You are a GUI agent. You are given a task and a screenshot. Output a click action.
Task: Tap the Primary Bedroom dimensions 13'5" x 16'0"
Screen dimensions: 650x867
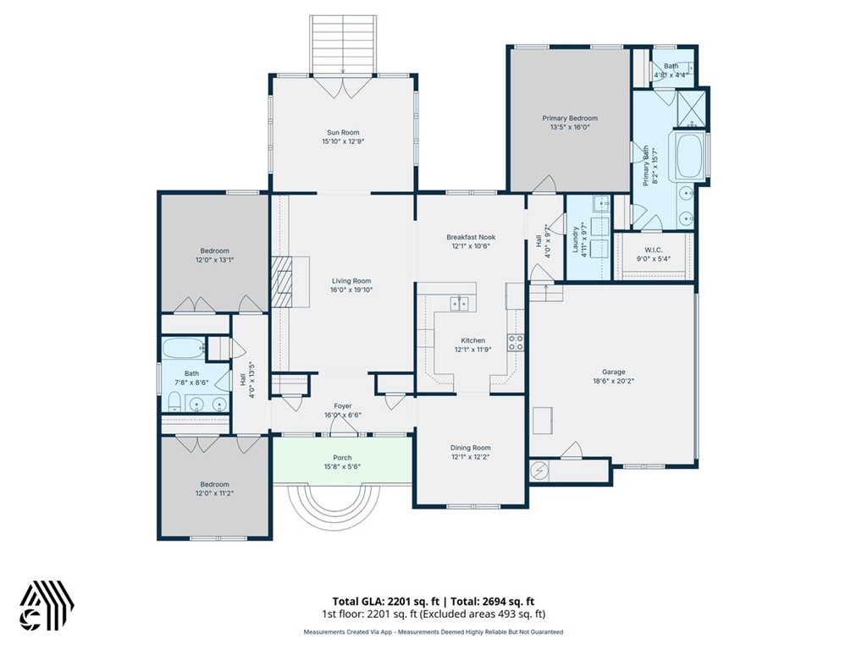coord(570,128)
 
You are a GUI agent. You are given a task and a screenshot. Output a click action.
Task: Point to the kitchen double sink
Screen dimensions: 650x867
coord(459,302)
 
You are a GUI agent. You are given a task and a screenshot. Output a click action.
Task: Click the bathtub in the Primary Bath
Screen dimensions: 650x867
coord(690,155)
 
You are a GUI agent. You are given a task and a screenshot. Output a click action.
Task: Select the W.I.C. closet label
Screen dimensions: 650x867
coord(653,250)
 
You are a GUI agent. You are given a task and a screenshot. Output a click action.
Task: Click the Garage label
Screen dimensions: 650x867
coord(613,372)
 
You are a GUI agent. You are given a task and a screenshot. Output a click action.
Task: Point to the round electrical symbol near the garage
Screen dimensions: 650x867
coord(539,471)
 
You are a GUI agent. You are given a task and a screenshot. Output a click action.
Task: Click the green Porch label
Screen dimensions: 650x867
coord(342,457)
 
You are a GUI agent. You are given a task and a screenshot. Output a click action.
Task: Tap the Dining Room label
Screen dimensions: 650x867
coord(470,448)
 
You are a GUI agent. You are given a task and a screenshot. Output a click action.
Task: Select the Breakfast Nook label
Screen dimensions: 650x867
coord(471,237)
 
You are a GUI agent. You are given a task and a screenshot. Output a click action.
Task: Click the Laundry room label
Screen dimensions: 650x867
coord(575,240)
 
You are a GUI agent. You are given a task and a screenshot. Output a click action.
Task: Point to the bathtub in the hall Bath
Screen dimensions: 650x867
coord(182,347)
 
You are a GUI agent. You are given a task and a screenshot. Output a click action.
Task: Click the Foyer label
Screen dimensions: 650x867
coord(342,405)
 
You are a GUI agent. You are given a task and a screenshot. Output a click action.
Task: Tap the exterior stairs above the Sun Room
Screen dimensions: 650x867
coord(341,43)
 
